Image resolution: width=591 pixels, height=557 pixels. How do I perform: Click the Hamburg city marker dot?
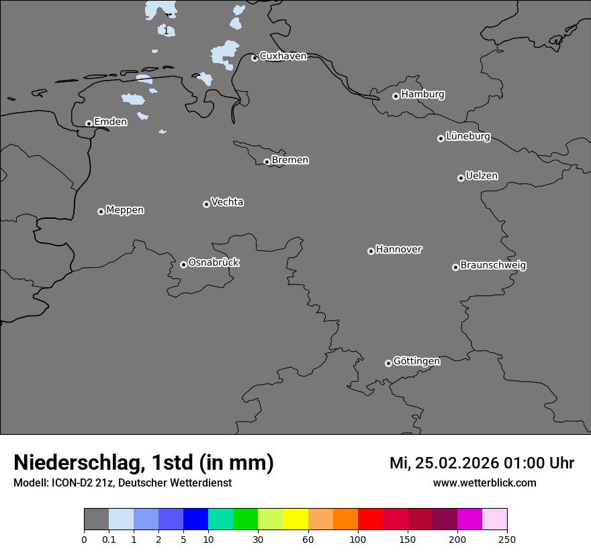(396, 96)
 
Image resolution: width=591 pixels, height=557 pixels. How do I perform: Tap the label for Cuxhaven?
(283, 56)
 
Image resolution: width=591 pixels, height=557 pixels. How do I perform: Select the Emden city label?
(110, 121)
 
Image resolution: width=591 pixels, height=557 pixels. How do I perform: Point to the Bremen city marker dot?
(267, 162)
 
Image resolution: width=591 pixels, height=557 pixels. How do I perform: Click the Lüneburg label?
(467, 136)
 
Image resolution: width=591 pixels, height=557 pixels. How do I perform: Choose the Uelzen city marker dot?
(461, 178)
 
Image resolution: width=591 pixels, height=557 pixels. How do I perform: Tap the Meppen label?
(125, 210)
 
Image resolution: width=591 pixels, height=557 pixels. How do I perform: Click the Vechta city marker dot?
(206, 204)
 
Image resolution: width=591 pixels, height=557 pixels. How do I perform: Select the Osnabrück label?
(214, 262)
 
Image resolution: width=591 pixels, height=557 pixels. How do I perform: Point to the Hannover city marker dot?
(371, 251)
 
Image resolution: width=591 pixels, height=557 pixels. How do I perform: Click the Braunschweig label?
(493, 265)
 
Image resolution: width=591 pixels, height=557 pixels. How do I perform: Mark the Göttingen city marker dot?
(388, 363)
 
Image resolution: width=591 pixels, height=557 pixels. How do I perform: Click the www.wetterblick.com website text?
(484, 483)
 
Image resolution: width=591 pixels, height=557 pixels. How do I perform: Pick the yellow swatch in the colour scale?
(295, 519)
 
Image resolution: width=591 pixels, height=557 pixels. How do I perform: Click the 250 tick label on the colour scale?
(507, 539)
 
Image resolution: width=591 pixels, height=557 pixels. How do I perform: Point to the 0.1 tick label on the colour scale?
(109, 539)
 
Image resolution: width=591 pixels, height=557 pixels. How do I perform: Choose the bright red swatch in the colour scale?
(370, 519)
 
